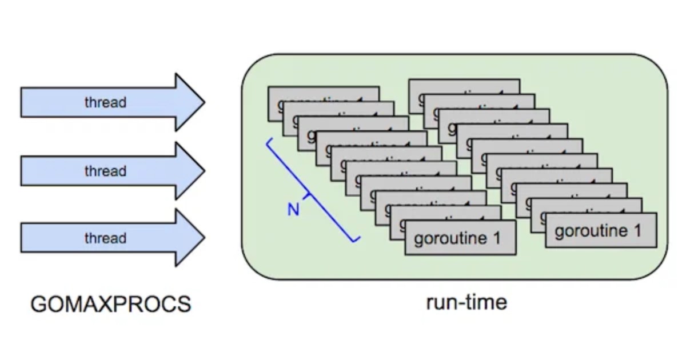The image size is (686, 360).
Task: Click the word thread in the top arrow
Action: (105, 103)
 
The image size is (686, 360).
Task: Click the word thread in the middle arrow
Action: (105, 171)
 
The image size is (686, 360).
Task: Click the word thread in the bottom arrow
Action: (105, 238)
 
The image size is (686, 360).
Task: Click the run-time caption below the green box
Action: (466, 302)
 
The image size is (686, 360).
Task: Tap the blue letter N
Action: (293, 210)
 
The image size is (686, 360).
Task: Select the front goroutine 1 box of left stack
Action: (461, 238)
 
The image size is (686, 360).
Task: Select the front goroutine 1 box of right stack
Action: (601, 230)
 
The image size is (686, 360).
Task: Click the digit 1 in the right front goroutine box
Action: (636, 230)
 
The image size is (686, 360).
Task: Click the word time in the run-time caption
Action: (485, 302)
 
